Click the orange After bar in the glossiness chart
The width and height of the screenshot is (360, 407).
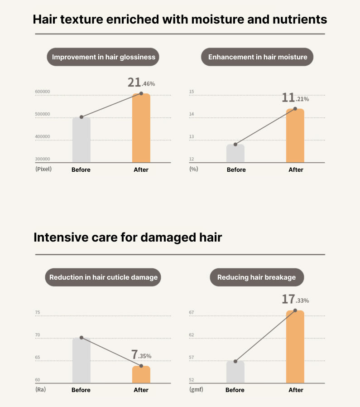click(x=141, y=128)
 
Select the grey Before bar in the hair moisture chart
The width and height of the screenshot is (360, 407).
click(x=235, y=153)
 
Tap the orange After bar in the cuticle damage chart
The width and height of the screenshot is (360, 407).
click(x=141, y=374)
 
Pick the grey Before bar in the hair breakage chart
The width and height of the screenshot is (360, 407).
click(x=235, y=372)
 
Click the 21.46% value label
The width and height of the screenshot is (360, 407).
click(x=141, y=82)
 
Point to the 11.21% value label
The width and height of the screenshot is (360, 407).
click(x=295, y=97)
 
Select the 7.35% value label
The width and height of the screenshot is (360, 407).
click(x=141, y=354)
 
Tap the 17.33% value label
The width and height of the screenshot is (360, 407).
click(x=295, y=299)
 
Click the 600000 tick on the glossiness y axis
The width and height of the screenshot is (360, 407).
click(x=43, y=92)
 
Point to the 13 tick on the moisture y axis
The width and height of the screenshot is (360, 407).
click(x=192, y=136)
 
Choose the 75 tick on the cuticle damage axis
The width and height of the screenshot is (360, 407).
click(x=38, y=312)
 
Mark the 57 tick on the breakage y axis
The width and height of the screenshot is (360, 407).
click(x=192, y=358)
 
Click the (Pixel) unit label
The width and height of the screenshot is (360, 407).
click(x=43, y=169)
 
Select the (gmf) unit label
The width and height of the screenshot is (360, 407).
click(x=196, y=389)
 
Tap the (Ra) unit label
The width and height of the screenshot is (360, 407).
click(x=40, y=389)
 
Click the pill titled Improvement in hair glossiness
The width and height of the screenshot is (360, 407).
click(x=103, y=57)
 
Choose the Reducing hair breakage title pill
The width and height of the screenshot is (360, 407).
click(x=257, y=277)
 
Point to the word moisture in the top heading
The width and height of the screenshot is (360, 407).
click(x=218, y=19)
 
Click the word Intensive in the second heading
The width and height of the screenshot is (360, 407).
click(x=61, y=237)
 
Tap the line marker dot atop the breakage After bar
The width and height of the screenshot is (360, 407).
click(x=295, y=310)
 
